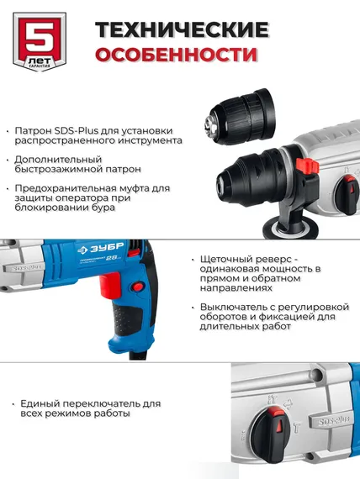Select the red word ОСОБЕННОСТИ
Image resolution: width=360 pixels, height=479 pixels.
tap(176, 55)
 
